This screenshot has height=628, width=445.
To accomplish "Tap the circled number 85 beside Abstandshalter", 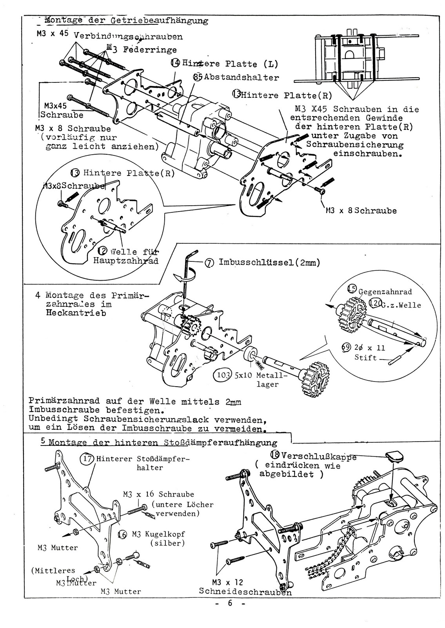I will click(198, 77).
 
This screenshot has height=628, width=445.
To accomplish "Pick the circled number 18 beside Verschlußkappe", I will click(275, 456).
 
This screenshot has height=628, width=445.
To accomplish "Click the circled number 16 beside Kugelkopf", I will click(122, 534).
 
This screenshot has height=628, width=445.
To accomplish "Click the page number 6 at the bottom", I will click(230, 604).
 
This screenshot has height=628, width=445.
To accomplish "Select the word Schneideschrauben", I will click(245, 591).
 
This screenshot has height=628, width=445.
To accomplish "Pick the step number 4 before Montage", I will click(37, 295).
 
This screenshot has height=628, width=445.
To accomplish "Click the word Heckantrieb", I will click(76, 314).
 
